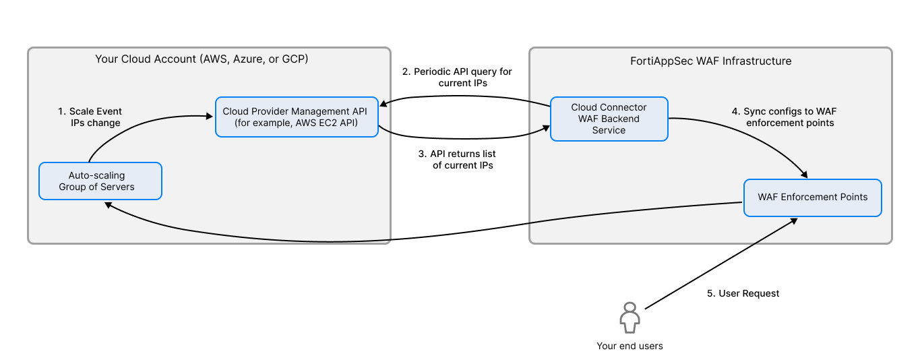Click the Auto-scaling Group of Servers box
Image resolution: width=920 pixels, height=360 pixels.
[x=100, y=181]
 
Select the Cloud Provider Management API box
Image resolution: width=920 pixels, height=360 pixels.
[x=297, y=117]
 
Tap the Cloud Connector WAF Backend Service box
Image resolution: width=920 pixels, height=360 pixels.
[x=609, y=119]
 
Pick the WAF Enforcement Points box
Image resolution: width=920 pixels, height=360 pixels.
[x=812, y=198]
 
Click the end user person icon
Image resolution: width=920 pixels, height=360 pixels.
[x=630, y=317]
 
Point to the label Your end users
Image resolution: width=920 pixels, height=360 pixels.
[x=630, y=346]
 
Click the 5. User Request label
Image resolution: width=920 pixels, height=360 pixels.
[x=742, y=293]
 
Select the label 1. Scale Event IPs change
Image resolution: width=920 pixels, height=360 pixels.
[x=90, y=117]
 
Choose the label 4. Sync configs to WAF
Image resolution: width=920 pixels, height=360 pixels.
[x=784, y=117]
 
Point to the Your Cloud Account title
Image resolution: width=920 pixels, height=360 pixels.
[x=202, y=59]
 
